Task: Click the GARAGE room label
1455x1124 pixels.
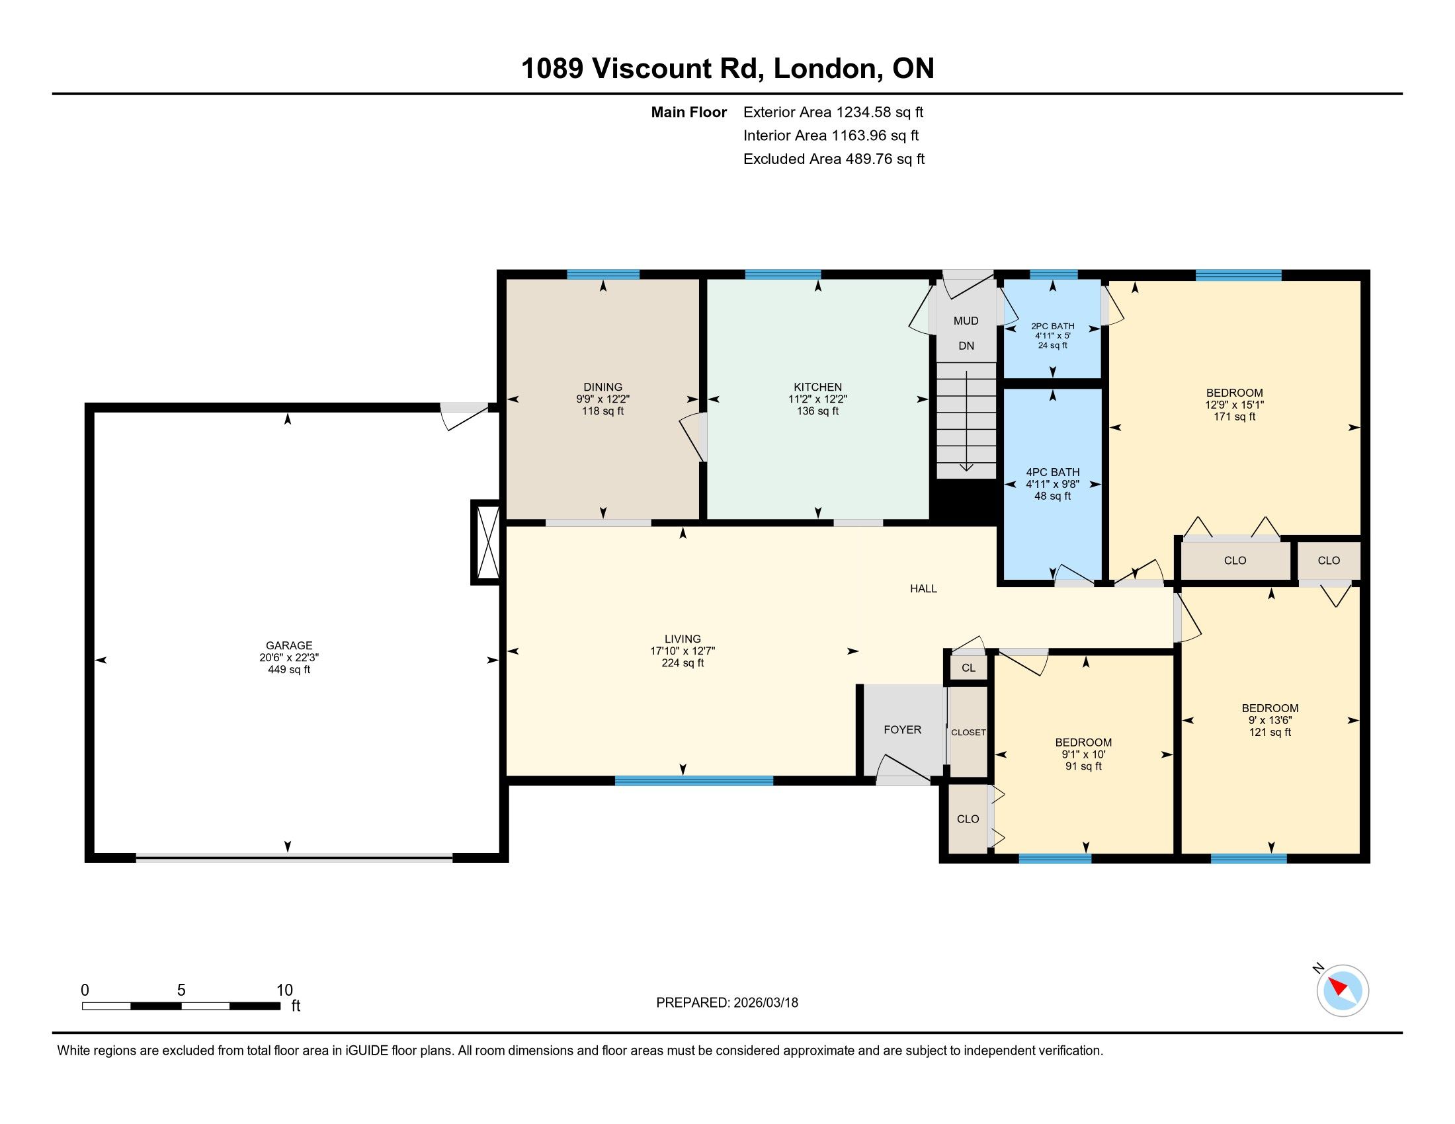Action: click(x=289, y=645)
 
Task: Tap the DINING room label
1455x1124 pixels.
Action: click(x=603, y=387)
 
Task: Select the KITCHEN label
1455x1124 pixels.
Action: click(x=817, y=387)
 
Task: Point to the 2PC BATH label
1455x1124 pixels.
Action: click(x=1053, y=326)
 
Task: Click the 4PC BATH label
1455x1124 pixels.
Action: click(x=1053, y=472)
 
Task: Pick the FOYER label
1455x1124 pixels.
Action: click(x=903, y=730)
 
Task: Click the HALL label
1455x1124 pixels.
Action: click(x=923, y=588)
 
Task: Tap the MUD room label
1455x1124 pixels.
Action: click(x=966, y=321)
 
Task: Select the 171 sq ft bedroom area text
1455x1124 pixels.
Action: click(x=1235, y=417)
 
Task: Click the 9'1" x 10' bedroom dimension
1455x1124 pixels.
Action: click(x=1083, y=754)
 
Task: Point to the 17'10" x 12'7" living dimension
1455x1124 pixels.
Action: click(x=683, y=651)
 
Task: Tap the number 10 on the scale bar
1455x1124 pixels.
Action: click(x=284, y=990)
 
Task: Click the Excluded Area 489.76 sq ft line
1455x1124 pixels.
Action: click(x=834, y=159)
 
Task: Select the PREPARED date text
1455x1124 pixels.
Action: click(x=727, y=1003)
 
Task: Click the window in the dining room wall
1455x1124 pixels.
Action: click(x=604, y=274)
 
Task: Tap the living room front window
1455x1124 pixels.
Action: click(x=694, y=781)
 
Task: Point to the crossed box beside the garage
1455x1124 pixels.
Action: click(x=485, y=543)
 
